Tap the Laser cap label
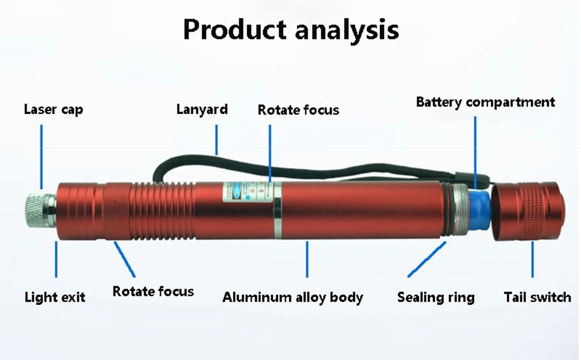point(53,109)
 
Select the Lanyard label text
point(202,109)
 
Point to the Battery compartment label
point(485,103)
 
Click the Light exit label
point(55,298)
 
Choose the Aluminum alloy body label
point(292,298)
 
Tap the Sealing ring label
point(436,298)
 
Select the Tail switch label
point(537,298)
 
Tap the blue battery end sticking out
point(478,208)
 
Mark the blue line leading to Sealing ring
point(427,259)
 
